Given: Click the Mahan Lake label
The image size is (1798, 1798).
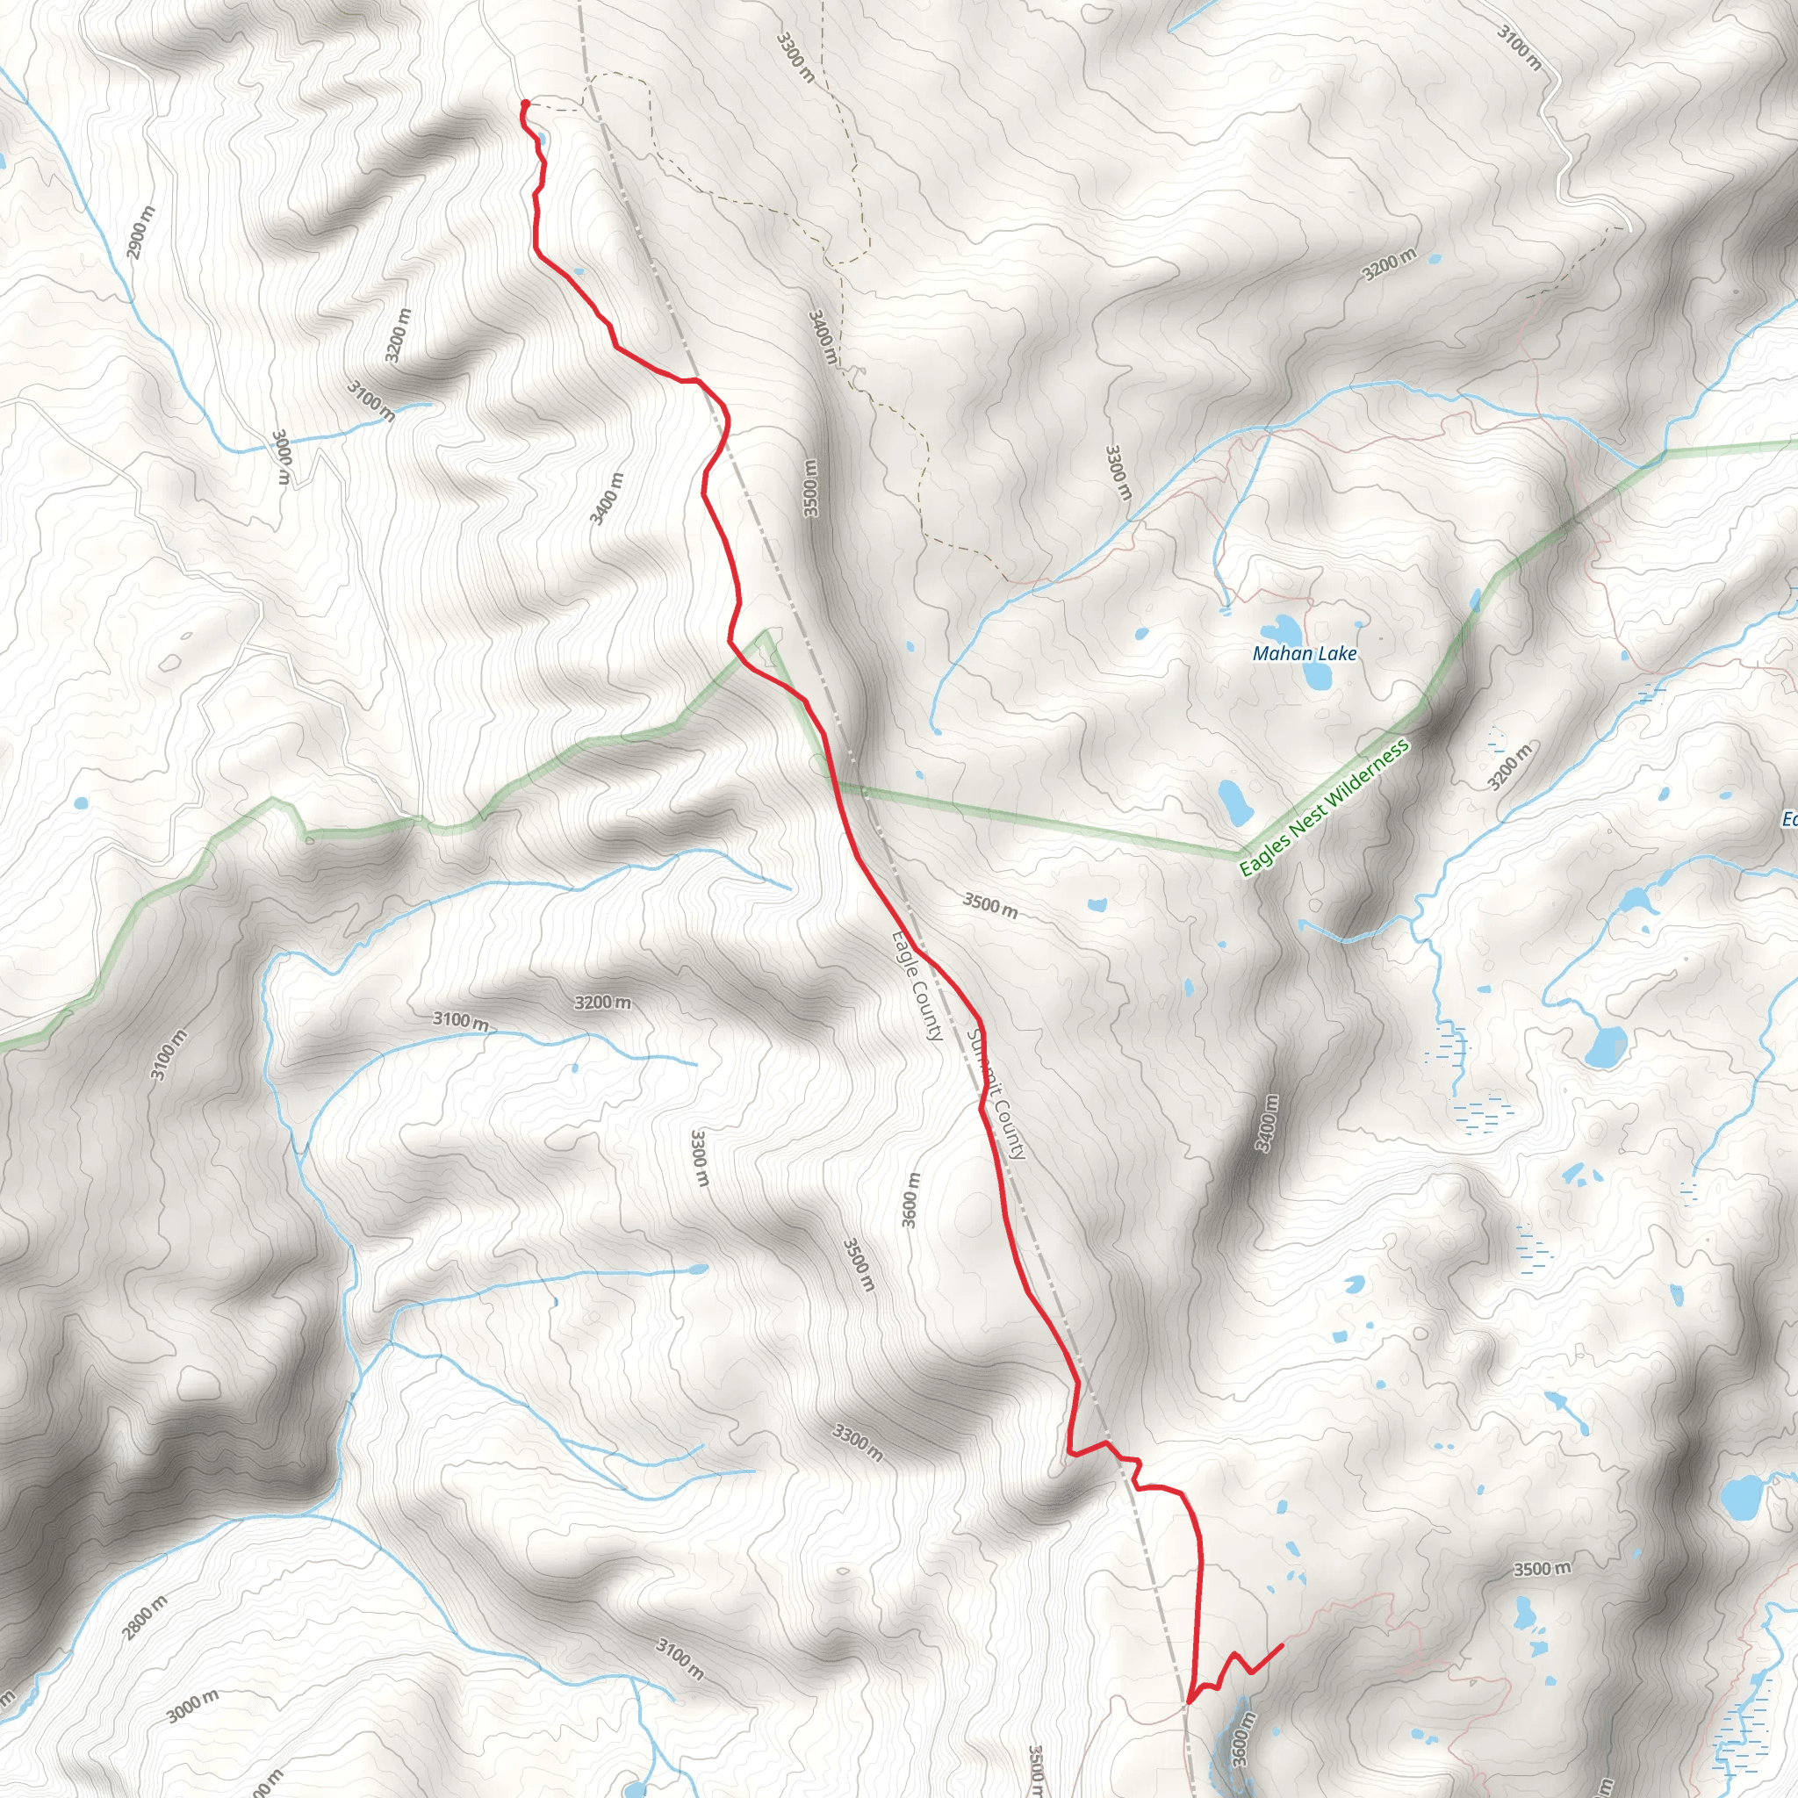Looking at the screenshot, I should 1304,653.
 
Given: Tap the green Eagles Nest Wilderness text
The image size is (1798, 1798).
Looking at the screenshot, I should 1324,807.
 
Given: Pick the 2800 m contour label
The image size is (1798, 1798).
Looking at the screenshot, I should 146,1616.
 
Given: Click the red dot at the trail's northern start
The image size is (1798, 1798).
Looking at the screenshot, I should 525,104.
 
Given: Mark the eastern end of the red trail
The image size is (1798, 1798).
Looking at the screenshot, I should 1283,1645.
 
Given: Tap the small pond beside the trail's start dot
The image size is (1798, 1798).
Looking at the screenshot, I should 541,140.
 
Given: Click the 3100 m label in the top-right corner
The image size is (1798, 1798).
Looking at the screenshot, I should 1519,47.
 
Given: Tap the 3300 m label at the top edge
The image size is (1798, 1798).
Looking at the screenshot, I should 795,57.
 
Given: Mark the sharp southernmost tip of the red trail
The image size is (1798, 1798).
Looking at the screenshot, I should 1189,1702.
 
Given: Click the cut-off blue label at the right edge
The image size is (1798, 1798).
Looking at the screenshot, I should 1788,819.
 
